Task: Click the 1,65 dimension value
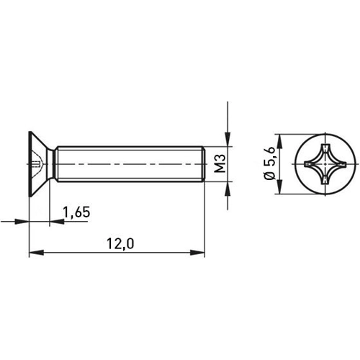click(x=76, y=212)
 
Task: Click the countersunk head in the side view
click(x=40, y=165)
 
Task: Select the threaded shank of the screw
click(x=130, y=165)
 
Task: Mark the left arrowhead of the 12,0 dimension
click(x=34, y=253)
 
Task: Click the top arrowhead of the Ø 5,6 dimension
click(x=279, y=138)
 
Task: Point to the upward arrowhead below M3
click(x=228, y=188)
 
